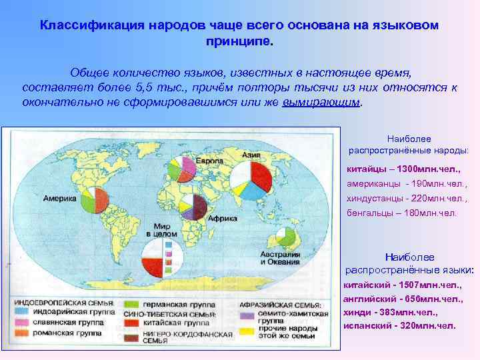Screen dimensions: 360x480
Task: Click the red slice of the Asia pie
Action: coord(261,173)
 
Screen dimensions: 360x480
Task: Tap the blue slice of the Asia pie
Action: coord(249,192)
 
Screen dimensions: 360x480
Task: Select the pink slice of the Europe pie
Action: coord(188,164)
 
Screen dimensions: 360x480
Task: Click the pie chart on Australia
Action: coord(287,236)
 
